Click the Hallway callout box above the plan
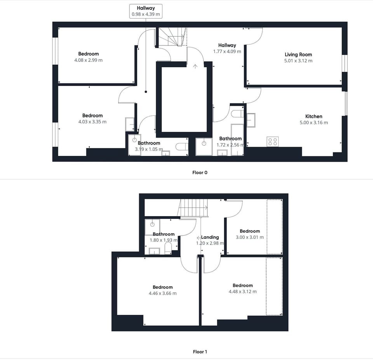tap(146, 11)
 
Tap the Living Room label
tap(298, 55)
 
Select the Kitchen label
tap(314, 116)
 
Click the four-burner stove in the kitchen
tap(272, 142)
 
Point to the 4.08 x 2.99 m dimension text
tap(89, 60)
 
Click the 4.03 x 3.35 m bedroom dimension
tap(92, 122)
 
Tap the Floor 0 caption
tap(200, 172)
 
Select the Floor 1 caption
tap(200, 352)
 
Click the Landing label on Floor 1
tap(210, 237)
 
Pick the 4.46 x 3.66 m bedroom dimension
tap(162, 293)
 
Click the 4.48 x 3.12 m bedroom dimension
tap(242, 292)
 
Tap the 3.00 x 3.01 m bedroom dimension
tap(249, 237)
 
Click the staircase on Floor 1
tap(193, 208)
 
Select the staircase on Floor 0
tap(171, 37)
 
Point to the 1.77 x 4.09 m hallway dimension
tap(227, 51)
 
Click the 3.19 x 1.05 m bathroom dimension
tap(149, 149)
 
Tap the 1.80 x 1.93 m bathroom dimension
tap(164, 240)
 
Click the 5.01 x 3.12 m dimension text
tap(298, 61)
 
